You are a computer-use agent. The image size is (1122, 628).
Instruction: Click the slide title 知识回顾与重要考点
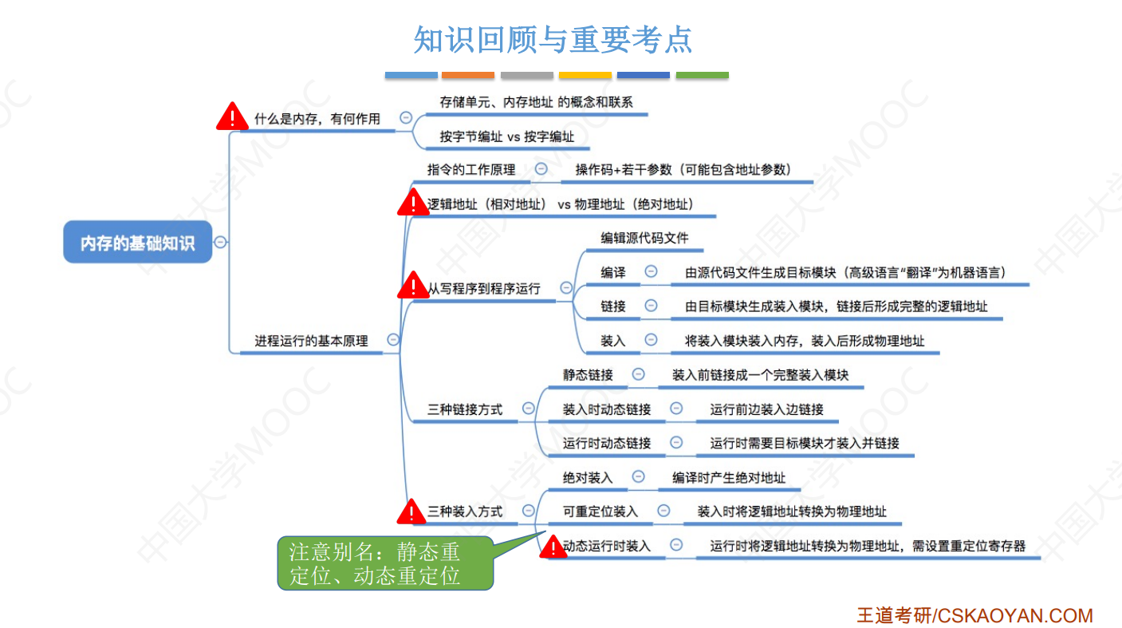[x=553, y=40]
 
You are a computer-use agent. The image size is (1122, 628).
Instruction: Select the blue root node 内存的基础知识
[x=138, y=243]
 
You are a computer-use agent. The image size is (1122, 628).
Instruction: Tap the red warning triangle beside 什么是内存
[x=232, y=117]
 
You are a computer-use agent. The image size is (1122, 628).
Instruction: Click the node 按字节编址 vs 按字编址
[x=506, y=136]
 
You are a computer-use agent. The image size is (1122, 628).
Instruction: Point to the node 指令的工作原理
[x=471, y=169]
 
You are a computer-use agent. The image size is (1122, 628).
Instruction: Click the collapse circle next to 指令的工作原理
[x=541, y=169]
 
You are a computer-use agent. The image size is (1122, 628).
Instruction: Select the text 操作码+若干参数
[x=683, y=169]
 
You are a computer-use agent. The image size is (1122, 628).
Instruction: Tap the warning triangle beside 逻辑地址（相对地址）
[x=413, y=203]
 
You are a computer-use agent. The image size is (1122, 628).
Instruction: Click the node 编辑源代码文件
[x=644, y=238]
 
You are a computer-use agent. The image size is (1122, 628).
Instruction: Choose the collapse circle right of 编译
[x=651, y=272]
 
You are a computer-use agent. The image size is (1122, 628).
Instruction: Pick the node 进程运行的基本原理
[x=311, y=341]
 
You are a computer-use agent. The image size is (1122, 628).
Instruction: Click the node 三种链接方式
[x=465, y=409]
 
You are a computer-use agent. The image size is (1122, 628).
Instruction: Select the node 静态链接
[x=588, y=374]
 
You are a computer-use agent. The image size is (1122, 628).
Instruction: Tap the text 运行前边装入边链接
[x=766, y=409]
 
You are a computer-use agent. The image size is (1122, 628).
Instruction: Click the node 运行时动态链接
[x=607, y=443]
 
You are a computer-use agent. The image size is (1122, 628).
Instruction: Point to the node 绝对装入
[x=588, y=477]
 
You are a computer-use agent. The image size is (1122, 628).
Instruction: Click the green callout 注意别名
[x=385, y=563]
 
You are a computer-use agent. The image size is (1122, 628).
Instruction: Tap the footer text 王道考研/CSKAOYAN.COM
[x=974, y=615]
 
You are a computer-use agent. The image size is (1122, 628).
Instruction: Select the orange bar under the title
[x=468, y=76]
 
